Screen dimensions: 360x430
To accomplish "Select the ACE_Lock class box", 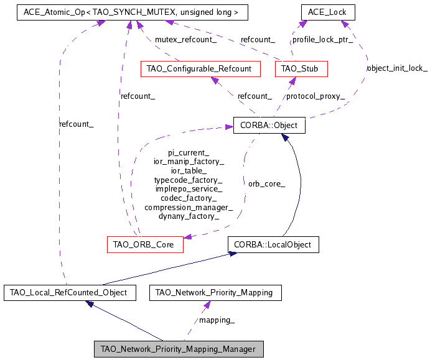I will coord(327,12).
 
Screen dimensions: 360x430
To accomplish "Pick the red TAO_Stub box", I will coord(301,68).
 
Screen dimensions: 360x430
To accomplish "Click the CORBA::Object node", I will coord(269,125).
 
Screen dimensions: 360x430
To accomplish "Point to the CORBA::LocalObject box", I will coord(273,244).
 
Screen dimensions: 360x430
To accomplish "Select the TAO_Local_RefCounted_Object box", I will coord(69,292).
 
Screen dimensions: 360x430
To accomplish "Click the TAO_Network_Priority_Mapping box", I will coord(215,292).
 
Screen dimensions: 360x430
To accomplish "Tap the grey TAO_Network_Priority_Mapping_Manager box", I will coord(178,349).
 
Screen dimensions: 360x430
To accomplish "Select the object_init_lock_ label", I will coord(397,68).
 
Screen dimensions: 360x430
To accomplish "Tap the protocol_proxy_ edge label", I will coord(315,96).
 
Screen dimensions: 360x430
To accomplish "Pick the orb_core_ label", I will coord(266,183).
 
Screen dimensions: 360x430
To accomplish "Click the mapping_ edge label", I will coord(217,320).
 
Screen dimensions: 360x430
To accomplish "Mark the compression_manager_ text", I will coord(189,207).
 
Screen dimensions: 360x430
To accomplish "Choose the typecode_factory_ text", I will coord(189,179).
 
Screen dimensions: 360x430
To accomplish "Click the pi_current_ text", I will coord(189,151).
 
